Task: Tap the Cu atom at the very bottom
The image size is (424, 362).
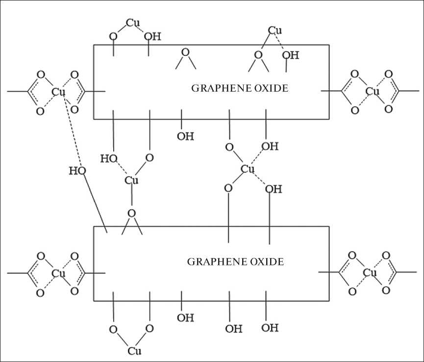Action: (x=135, y=351)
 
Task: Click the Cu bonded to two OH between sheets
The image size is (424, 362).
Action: (x=248, y=169)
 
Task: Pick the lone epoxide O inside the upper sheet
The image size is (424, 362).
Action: (x=185, y=52)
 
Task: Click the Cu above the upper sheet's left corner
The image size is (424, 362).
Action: (x=132, y=23)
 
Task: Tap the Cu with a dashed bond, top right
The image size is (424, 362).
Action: (x=275, y=31)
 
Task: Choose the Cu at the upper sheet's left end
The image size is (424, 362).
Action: (x=59, y=91)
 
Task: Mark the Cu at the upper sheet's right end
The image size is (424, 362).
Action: (x=373, y=91)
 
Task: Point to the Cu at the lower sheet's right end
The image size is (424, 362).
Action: (x=370, y=272)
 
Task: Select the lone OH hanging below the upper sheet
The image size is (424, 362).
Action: (x=185, y=136)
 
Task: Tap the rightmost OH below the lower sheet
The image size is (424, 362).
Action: (x=270, y=328)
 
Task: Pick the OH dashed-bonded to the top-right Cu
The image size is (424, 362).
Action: (x=290, y=55)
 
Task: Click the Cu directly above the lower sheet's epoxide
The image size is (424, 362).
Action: (x=131, y=180)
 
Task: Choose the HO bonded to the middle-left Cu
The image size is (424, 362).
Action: (x=108, y=158)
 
